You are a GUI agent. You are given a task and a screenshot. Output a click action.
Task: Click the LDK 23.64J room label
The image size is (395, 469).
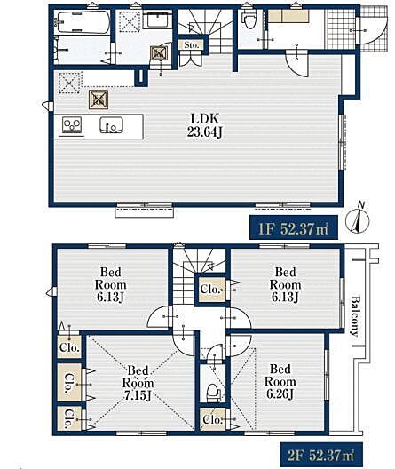pyautogui.click(x=205, y=125)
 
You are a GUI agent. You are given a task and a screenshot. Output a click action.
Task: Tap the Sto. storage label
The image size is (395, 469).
pyautogui.click(x=191, y=45)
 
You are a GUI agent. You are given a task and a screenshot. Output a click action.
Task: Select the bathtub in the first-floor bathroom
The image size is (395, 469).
pyautogui.click(x=83, y=22)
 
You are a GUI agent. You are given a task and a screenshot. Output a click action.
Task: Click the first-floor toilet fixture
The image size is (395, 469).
pyautogui.click(x=249, y=20)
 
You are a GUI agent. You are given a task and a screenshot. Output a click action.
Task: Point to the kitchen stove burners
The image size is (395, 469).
pyautogui.click(x=72, y=124)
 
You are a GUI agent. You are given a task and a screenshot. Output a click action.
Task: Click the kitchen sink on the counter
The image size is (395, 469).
pyautogui.click(x=111, y=125)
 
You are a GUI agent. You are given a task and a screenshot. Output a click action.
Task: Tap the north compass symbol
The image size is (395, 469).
pyautogui.click(x=358, y=220)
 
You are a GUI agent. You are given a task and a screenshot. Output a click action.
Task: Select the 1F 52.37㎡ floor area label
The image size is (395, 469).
pyautogui.click(x=294, y=228)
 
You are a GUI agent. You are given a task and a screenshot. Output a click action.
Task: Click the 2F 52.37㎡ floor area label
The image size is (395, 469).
pyautogui.click(x=321, y=456)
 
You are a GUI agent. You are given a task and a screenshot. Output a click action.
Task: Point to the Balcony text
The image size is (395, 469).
pyautogui.click(x=355, y=316)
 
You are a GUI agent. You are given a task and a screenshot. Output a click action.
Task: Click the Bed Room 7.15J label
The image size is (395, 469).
pyautogui.click(x=138, y=383)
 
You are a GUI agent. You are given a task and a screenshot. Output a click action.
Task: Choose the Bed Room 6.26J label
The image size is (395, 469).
pyautogui.click(x=280, y=381)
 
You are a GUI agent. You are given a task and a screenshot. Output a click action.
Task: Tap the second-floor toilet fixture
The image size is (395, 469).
pyautogui.click(x=213, y=393)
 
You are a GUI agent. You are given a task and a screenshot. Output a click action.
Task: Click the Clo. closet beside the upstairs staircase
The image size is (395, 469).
pyautogui.click(x=210, y=290)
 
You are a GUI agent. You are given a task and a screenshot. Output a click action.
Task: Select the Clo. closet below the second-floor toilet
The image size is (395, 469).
pyautogui.click(x=212, y=419)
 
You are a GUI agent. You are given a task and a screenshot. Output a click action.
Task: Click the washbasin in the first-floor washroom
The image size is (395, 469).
pyautogui.click(x=157, y=20)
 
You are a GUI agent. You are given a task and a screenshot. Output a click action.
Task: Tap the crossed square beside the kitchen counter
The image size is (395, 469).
pyautogui.click(x=99, y=99)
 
